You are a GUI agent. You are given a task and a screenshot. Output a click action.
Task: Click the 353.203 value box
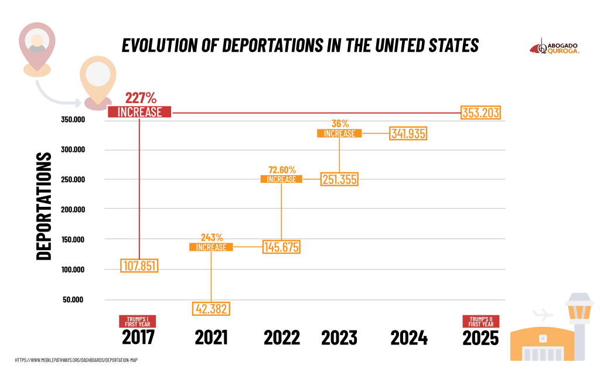(481, 112)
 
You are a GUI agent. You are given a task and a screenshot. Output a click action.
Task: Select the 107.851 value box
(139, 265)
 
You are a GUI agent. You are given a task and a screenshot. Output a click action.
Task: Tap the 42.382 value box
(211, 308)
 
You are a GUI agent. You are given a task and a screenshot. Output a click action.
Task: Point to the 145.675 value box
(281, 247)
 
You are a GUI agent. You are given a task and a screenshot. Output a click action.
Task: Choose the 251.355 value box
(339, 179)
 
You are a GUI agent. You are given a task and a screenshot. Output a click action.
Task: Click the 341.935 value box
(408, 134)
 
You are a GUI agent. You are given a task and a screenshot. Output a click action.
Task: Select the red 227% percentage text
(141, 98)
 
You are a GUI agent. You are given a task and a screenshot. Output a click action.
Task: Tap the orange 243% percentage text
(212, 237)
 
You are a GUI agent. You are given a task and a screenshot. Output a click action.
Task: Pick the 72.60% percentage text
(282, 169)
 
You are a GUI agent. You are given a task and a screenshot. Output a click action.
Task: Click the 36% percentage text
(340, 124)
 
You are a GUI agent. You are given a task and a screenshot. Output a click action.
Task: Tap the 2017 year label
(138, 337)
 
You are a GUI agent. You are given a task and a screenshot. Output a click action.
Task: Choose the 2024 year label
(409, 337)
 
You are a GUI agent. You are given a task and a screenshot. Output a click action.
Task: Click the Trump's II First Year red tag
(481, 321)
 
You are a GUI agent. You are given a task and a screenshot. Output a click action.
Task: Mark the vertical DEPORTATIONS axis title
(44, 206)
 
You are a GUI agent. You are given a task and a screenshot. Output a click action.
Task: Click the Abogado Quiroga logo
(554, 47)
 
